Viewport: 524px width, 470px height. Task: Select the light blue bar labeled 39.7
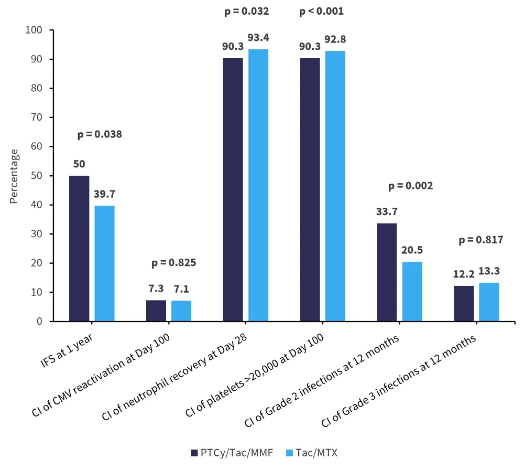104,263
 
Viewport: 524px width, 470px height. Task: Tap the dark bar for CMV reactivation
156,311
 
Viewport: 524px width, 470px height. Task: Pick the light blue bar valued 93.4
258,185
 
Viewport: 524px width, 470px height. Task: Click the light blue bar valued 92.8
335,186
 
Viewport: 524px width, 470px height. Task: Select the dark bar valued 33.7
387,272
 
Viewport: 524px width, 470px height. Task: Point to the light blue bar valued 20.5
412,291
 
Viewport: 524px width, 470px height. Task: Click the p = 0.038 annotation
100,135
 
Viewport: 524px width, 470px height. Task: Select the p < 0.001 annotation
322,11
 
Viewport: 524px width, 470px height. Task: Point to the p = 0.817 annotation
481,240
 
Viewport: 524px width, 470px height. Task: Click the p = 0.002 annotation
411,186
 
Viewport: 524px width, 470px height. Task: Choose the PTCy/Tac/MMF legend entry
233,453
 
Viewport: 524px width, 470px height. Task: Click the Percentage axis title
15,176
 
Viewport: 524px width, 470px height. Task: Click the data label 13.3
489,272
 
